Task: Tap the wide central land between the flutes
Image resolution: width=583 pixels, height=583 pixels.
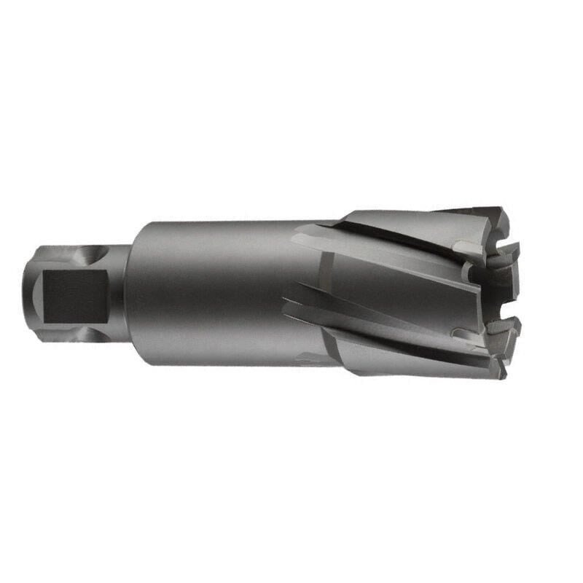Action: click(401, 284)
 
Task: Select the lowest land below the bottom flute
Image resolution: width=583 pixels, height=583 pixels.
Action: click(408, 361)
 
